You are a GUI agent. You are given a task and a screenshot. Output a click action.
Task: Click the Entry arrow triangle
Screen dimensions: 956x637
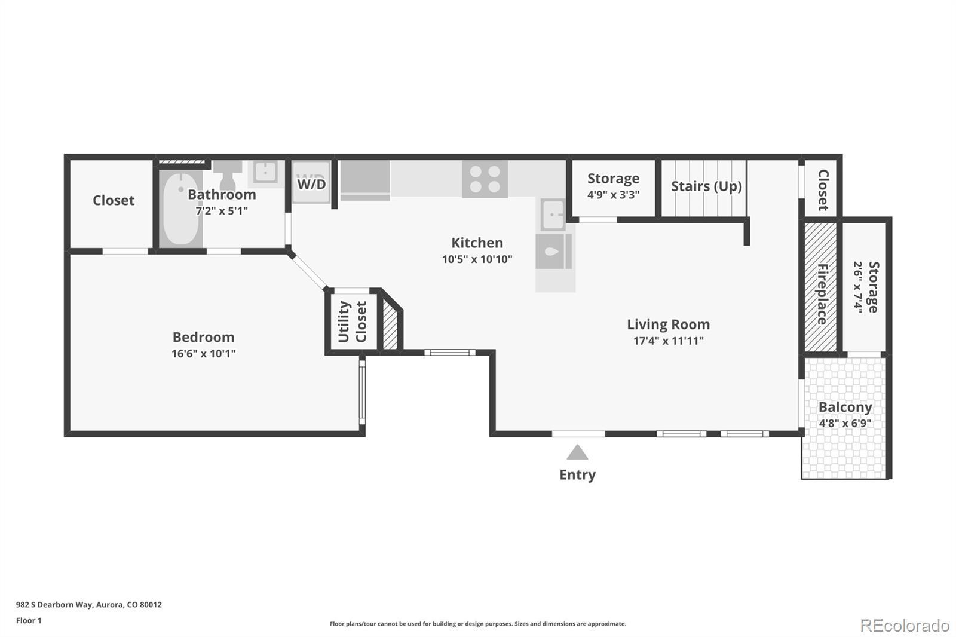coord(577,452)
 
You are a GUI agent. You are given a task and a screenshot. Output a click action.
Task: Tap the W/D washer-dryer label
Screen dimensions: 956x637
coord(311,184)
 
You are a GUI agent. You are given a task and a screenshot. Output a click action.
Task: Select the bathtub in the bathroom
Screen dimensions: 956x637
coord(181,209)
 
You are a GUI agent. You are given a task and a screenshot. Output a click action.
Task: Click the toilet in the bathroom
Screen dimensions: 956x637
coord(228,174)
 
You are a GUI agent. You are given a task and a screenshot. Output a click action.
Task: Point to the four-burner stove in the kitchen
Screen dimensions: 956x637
coord(485,179)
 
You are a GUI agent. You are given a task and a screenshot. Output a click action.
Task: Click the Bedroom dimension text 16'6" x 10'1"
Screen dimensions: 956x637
coord(204,354)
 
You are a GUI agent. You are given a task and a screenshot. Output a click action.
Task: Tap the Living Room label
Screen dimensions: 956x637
coord(669,324)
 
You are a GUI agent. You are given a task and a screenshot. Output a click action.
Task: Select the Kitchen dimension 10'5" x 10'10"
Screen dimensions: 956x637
coord(477,259)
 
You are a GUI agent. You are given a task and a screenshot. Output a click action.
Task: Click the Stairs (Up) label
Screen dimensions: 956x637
coord(706,186)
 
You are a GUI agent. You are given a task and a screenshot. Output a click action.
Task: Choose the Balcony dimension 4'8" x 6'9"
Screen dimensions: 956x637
coord(845,424)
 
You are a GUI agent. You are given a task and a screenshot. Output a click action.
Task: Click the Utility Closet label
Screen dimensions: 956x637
coord(353,321)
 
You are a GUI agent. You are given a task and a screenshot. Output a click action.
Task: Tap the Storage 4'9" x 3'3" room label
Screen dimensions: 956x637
coord(613,186)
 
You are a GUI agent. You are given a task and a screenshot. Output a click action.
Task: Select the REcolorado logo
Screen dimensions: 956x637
coord(905,626)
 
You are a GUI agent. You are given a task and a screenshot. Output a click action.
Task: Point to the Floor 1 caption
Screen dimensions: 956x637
coord(29,620)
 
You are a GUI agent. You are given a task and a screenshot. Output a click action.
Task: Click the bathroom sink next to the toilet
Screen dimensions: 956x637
coord(265,172)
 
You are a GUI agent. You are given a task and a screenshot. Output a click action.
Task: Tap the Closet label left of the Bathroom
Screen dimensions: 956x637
coord(114,200)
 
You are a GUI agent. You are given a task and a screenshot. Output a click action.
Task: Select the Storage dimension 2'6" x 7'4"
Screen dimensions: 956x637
coord(858,287)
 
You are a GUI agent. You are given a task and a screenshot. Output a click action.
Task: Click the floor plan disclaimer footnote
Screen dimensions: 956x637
coord(477,624)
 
